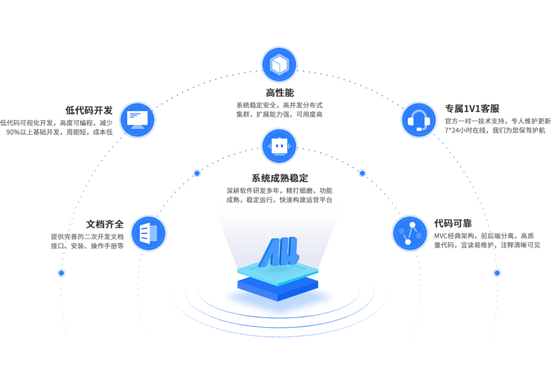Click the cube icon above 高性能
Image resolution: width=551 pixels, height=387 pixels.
(279, 64)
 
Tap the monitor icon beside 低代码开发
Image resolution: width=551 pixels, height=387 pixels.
(137, 120)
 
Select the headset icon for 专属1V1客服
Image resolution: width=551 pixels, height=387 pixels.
(419, 120)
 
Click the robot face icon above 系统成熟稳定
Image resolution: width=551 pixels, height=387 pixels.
(279, 146)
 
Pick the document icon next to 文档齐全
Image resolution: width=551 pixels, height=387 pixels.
(148, 233)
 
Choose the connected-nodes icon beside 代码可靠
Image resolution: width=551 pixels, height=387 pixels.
(410, 233)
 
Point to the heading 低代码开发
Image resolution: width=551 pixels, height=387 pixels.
(89, 110)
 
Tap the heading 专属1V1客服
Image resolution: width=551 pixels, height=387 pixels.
(472, 109)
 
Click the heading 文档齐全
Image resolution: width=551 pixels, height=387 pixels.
(105, 224)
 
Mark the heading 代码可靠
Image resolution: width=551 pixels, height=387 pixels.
(453, 223)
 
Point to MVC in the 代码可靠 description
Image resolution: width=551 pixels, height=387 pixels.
(441, 236)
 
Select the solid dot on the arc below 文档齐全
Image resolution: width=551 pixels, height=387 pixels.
(61, 273)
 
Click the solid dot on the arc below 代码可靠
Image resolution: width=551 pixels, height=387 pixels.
(497, 273)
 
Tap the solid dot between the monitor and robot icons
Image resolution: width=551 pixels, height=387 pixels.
(197, 173)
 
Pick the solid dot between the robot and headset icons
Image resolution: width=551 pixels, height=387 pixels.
(362, 173)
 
